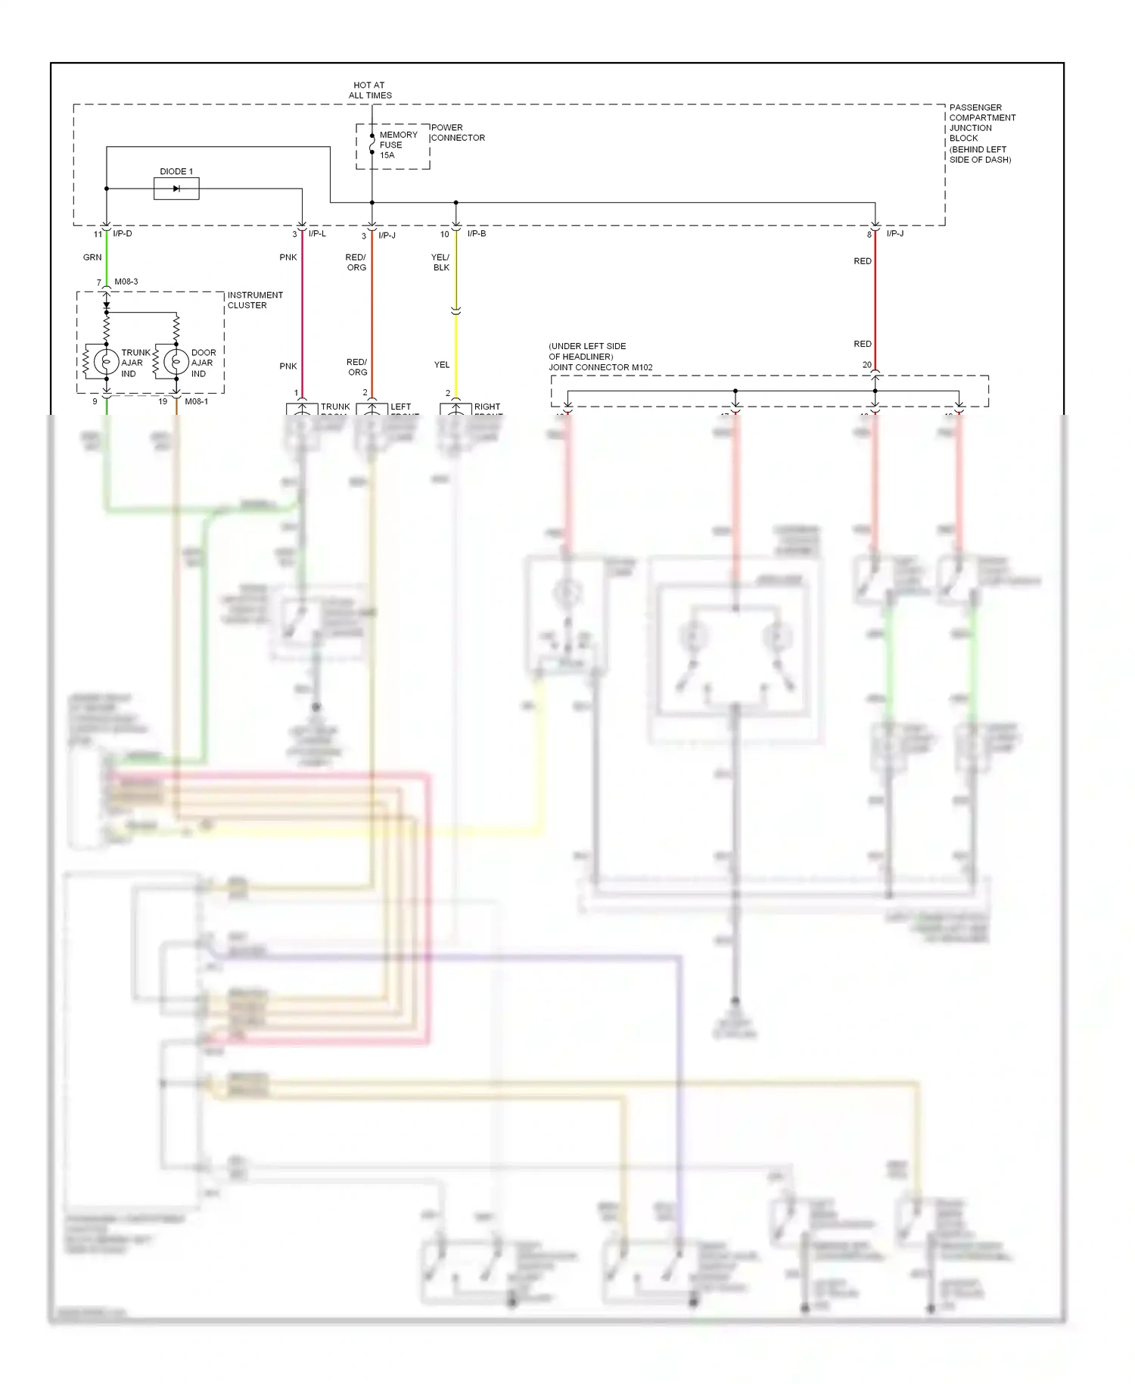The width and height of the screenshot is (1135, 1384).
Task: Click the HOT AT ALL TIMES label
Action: [x=370, y=90]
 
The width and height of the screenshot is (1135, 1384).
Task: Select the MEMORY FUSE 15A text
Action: [x=397, y=145]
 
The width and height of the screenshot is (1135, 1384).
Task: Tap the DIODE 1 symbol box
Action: [x=176, y=189]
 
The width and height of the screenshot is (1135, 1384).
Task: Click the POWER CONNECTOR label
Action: [x=458, y=132]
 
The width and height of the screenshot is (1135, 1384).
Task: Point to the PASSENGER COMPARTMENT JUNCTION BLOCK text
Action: [x=981, y=133]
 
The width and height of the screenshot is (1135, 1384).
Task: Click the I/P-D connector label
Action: [x=123, y=234]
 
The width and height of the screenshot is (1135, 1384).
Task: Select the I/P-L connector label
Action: [x=317, y=234]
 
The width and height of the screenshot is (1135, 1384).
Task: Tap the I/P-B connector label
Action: [x=477, y=234]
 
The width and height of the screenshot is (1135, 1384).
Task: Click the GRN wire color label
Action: [x=92, y=257]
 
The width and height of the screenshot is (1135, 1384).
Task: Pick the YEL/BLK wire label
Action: [x=441, y=262]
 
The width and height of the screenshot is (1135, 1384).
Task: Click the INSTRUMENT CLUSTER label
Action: [x=255, y=300]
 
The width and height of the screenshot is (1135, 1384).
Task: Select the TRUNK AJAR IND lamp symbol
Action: [x=107, y=362]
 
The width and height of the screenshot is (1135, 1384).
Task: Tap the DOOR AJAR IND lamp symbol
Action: [x=176, y=362]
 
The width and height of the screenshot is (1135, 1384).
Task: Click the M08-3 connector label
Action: [x=126, y=282]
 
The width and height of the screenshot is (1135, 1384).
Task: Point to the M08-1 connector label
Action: [x=196, y=401]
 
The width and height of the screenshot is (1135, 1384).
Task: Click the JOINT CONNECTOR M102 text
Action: [x=601, y=367]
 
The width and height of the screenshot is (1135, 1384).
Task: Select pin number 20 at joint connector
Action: [x=867, y=365]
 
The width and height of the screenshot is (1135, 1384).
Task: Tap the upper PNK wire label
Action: [x=288, y=257]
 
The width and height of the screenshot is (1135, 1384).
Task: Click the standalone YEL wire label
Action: [x=442, y=365]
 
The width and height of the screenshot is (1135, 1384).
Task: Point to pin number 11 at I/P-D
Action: [x=98, y=235]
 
